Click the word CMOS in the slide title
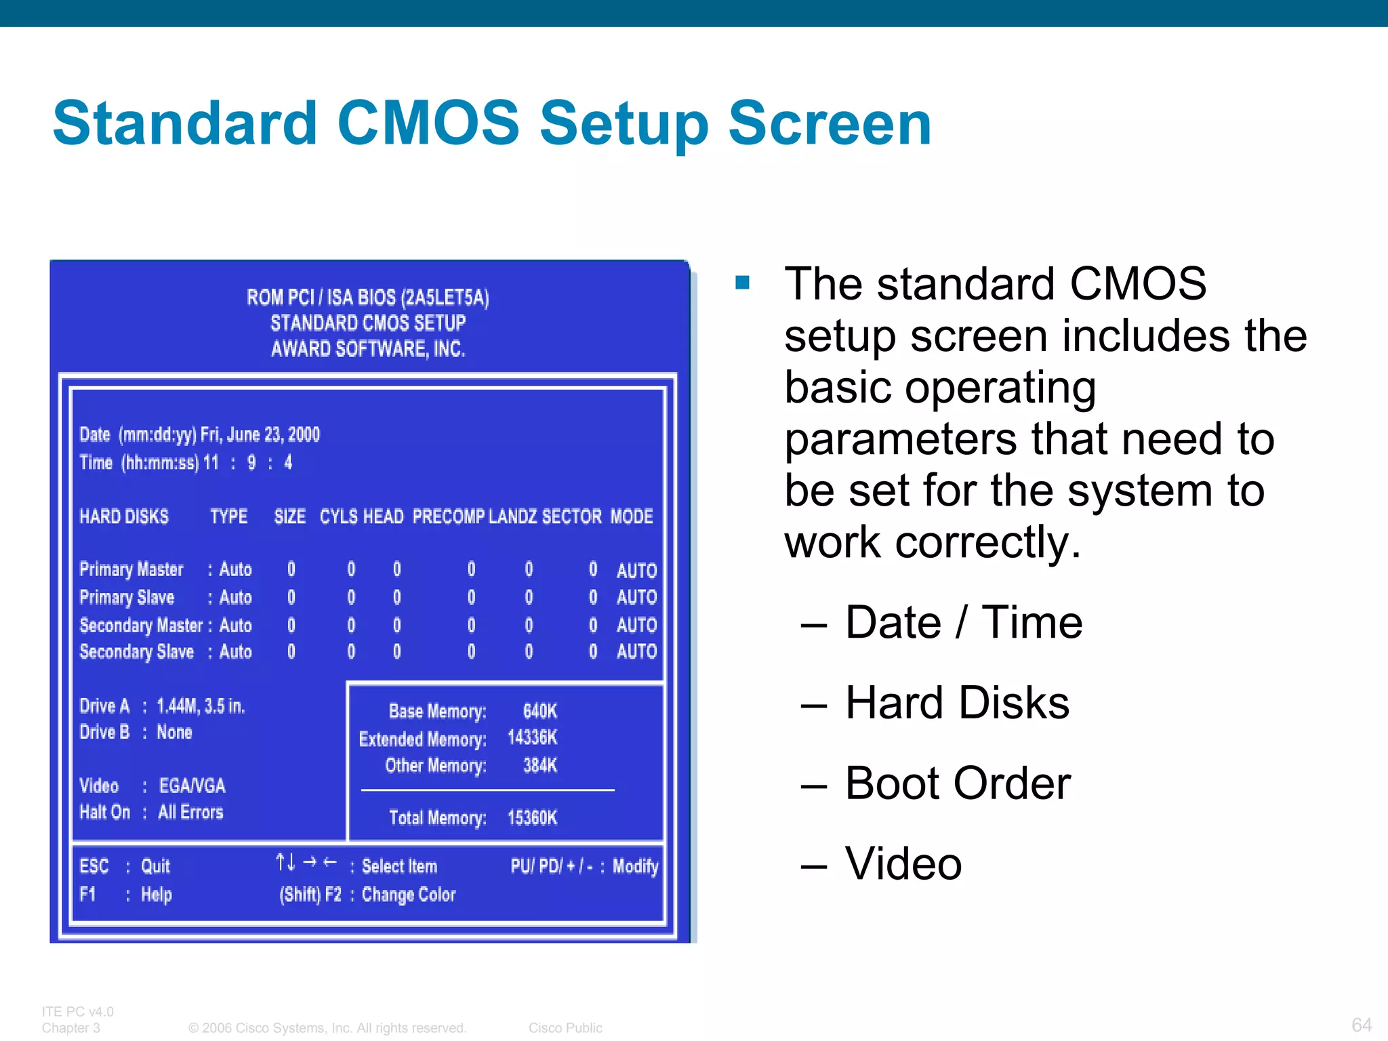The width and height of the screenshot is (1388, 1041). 428,123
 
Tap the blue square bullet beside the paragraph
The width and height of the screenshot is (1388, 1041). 742,282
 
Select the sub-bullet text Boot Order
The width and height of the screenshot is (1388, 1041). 958,783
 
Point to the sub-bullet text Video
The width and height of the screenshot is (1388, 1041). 903,864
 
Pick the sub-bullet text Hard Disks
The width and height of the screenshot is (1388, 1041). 957,703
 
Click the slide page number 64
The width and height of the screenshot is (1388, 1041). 1361,1025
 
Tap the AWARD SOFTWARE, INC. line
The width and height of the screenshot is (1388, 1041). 368,349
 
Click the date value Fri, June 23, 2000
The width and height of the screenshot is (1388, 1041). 260,434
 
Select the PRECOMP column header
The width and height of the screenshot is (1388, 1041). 448,516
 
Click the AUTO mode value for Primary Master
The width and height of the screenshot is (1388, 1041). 636,571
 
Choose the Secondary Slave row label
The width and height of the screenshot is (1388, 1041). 136,652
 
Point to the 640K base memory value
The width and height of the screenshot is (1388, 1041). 539,711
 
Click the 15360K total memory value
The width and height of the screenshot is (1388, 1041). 532,818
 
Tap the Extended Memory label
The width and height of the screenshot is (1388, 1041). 422,739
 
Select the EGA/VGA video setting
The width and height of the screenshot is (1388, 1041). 192,785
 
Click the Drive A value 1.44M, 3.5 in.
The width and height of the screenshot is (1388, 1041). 201,706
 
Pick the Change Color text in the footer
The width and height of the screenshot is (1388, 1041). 409,895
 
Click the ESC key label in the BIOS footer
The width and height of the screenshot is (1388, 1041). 94,866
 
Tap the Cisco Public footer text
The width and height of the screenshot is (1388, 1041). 565,1028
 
